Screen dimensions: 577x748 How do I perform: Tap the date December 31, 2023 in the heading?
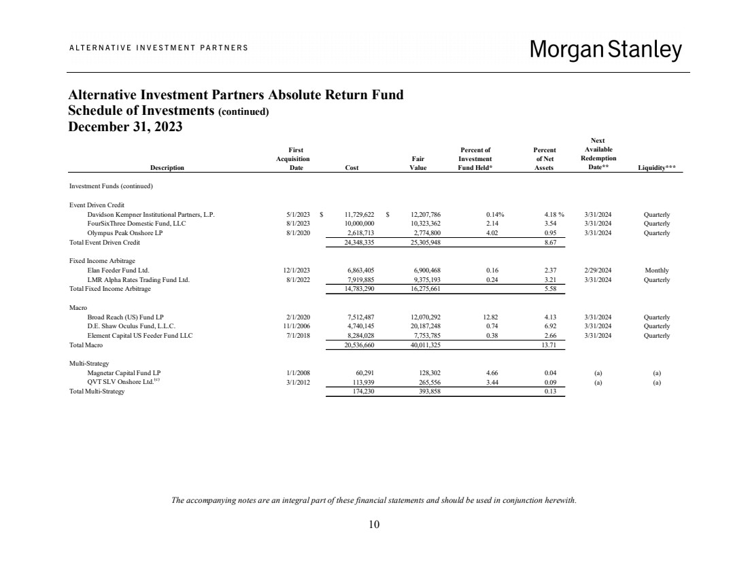[x=126, y=127]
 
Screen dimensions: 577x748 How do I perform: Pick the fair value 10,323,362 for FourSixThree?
[x=427, y=223]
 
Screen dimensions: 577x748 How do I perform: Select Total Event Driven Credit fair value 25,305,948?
[x=427, y=242]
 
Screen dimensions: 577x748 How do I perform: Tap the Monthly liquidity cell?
[x=656, y=270]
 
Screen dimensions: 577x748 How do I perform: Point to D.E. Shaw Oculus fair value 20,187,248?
[x=427, y=326]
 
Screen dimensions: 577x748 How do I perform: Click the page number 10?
[x=374, y=524]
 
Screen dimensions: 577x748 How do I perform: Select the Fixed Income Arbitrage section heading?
[x=99, y=260]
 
